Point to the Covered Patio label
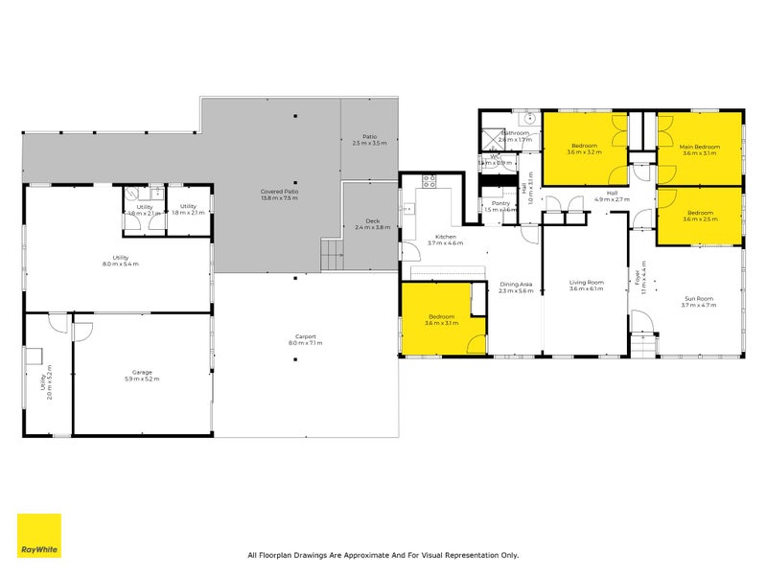coord(278,195)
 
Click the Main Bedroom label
coord(700,149)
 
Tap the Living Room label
coord(586,285)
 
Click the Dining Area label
coord(515,286)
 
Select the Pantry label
coord(500,205)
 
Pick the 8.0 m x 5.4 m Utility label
coord(121,260)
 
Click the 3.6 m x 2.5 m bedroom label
coord(698,216)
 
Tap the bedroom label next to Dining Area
coord(441,319)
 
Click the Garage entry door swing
coord(82,332)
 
